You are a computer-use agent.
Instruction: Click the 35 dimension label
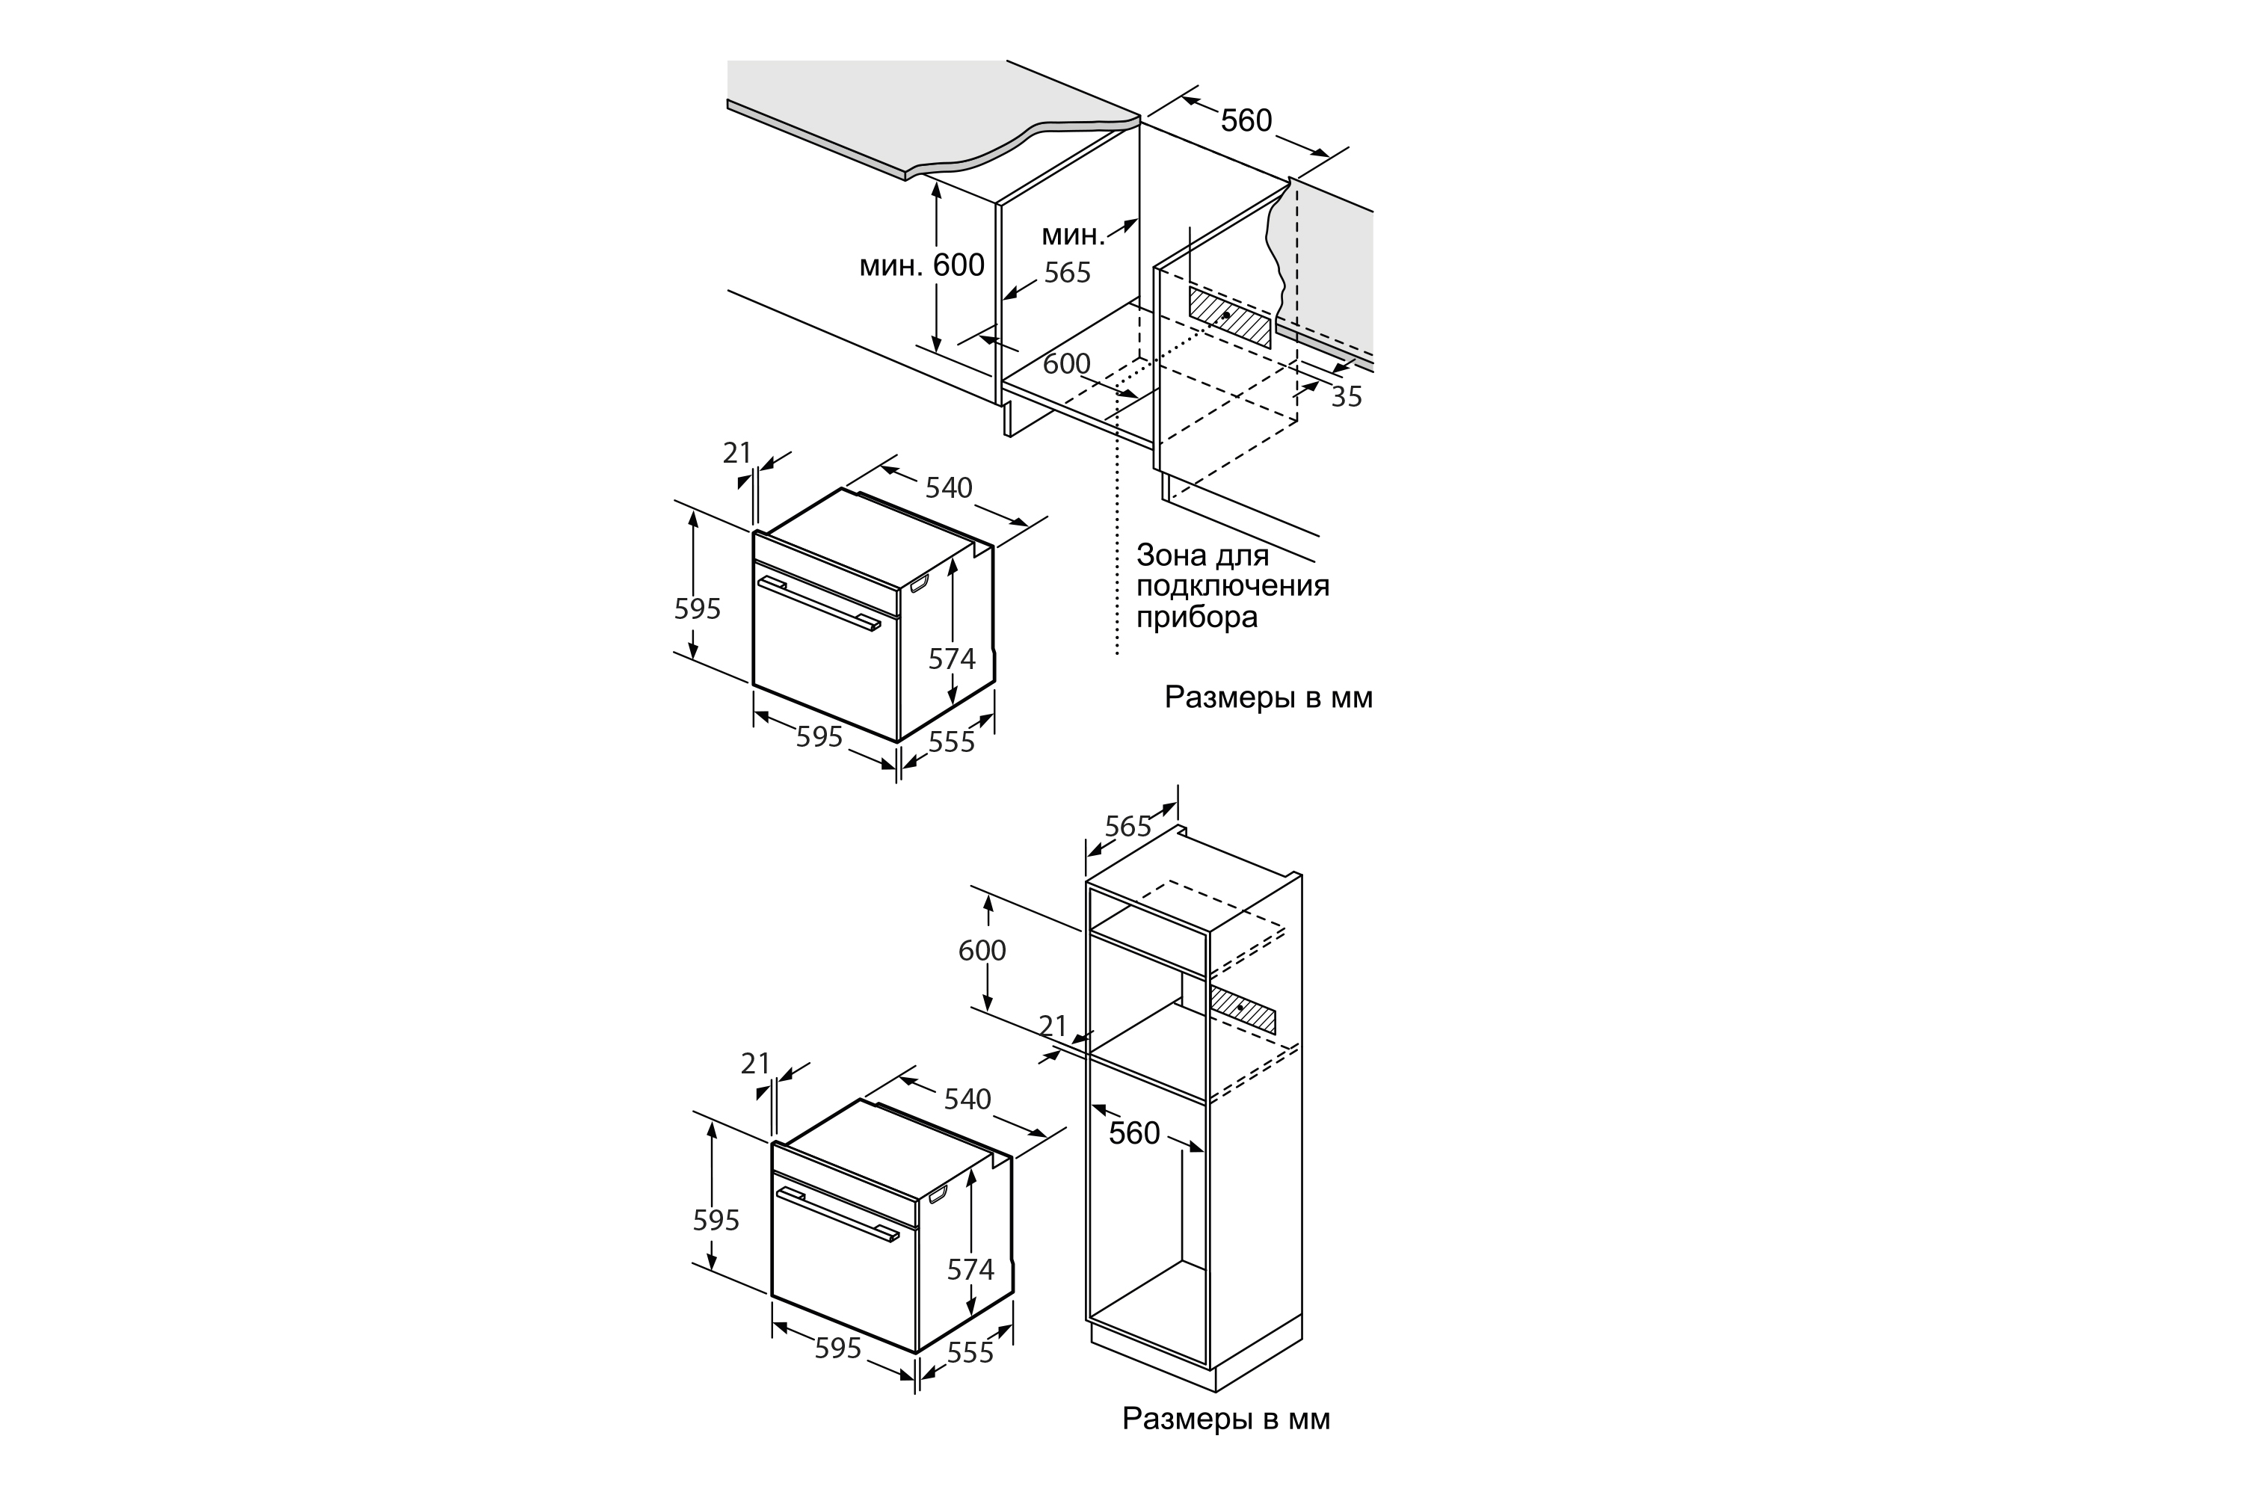coord(1346,397)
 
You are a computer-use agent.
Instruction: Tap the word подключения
coord(1232,585)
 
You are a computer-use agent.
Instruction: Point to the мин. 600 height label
coord(921,265)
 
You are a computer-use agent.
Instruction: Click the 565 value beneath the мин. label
coord(1066,273)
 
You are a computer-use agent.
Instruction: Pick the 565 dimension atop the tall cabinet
coord(1127,826)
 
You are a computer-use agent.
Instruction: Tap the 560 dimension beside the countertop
coord(1246,120)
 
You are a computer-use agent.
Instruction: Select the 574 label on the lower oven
coord(970,1269)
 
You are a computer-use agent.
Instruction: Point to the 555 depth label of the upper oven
coord(951,741)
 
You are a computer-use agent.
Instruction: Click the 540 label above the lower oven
coord(967,1100)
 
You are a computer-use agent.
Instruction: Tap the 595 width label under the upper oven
coord(819,736)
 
